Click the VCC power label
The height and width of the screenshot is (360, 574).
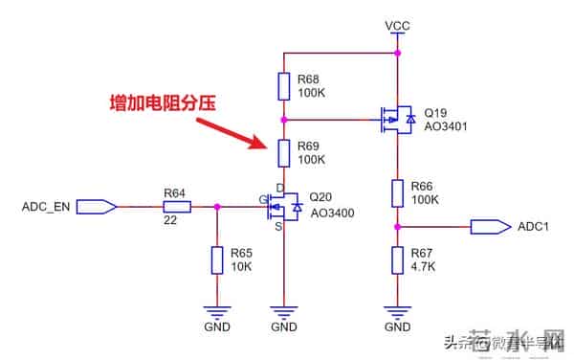[397, 24]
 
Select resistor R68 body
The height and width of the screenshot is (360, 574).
[284, 86]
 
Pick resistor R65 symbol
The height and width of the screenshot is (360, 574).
[218, 259]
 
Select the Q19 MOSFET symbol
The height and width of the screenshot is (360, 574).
[395, 120]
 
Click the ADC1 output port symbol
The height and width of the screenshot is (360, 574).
[489, 227]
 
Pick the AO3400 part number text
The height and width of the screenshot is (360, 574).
[332, 213]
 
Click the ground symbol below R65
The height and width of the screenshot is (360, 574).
[218, 311]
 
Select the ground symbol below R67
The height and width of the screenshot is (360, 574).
[397, 311]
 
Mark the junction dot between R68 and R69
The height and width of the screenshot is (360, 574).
[284, 120]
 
